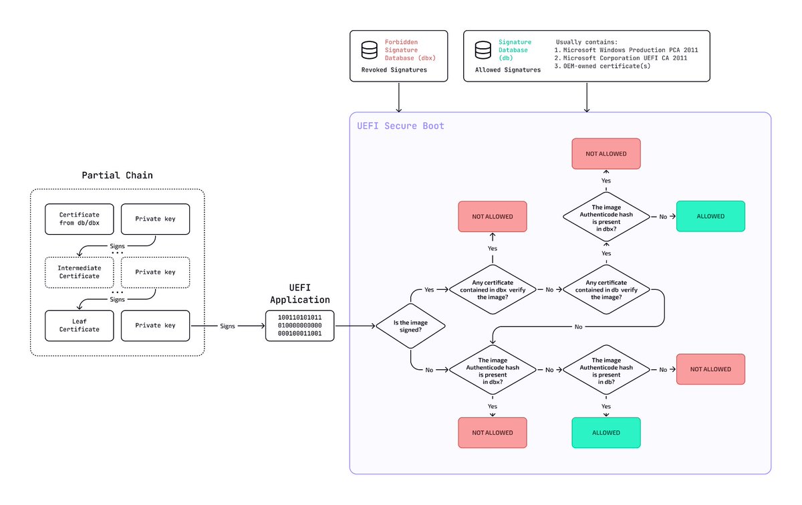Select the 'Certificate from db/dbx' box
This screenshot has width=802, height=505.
80,219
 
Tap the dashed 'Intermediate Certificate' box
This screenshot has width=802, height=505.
80,272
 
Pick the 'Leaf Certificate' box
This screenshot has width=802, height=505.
80,326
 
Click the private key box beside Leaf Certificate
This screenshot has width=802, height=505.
156,326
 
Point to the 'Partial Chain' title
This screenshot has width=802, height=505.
117,175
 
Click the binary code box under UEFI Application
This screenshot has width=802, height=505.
299,325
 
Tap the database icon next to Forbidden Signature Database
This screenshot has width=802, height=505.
369,50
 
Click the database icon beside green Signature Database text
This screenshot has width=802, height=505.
483,50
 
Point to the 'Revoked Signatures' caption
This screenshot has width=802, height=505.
394,70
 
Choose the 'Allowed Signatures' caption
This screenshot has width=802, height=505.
508,70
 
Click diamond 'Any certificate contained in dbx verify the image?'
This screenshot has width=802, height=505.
493,290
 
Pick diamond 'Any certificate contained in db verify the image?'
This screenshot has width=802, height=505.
606,290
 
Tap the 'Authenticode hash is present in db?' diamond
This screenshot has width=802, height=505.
606,369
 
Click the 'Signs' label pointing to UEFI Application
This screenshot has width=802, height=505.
227,326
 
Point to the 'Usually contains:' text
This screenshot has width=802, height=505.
586,41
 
